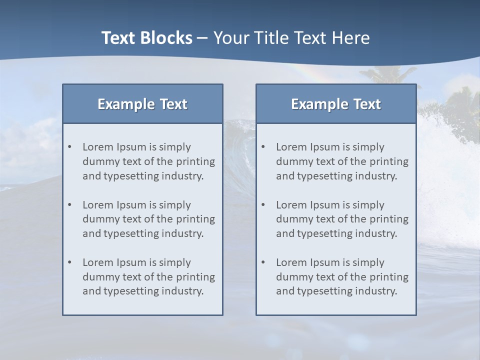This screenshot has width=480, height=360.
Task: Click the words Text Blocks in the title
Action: click(x=146, y=38)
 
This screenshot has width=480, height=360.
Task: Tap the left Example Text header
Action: click(x=142, y=104)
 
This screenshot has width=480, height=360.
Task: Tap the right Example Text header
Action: click(x=336, y=104)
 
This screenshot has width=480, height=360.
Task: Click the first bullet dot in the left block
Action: click(x=69, y=147)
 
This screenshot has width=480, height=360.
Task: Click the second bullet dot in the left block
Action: click(x=69, y=205)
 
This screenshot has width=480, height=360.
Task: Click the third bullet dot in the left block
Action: click(x=69, y=262)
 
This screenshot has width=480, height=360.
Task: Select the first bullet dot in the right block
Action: click(x=263, y=147)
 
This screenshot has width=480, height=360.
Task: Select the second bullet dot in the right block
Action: click(x=263, y=205)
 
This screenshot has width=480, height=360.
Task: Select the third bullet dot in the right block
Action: click(x=263, y=262)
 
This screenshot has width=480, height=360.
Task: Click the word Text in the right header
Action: click(x=367, y=104)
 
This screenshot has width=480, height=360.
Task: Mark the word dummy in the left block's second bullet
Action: click(x=99, y=219)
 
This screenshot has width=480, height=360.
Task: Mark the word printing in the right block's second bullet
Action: click(x=390, y=219)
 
